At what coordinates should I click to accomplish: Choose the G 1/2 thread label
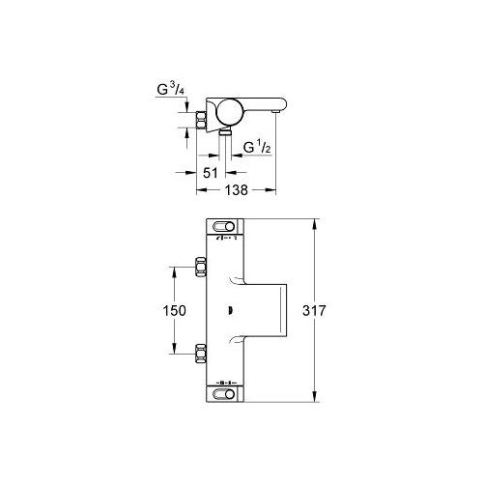click(x=257, y=148)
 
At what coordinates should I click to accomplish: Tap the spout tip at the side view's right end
click(x=276, y=112)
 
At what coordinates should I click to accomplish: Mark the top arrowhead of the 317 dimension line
click(x=314, y=223)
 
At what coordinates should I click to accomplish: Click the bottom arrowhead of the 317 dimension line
click(x=314, y=398)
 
